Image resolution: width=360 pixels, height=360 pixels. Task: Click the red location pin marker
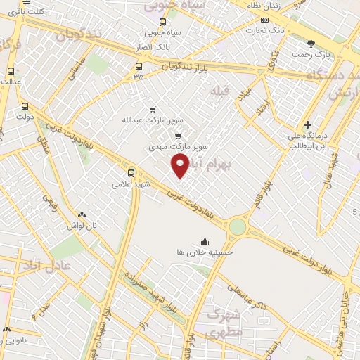(x=181, y=165)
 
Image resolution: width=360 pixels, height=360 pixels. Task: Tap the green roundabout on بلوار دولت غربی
(x=238, y=226)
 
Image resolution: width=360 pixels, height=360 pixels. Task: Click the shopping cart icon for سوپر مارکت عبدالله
(x=153, y=110)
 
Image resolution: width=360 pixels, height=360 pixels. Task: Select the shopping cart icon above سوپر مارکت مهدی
(x=178, y=136)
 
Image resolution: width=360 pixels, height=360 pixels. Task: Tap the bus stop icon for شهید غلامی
(x=131, y=172)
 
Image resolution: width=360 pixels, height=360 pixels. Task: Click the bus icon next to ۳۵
(x=139, y=67)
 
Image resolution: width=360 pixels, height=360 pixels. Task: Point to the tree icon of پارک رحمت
(x=310, y=44)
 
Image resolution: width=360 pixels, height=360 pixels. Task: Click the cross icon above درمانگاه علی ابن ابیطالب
(x=307, y=124)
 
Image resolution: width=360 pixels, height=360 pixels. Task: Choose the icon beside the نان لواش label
(x=82, y=215)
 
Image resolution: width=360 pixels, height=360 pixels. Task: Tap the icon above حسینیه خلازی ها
(x=205, y=241)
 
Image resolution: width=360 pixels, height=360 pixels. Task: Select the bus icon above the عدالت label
(x=11, y=71)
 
